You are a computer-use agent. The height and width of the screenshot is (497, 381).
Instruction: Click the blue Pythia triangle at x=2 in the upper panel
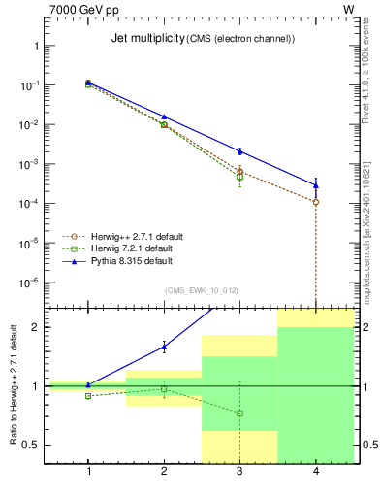(164, 116)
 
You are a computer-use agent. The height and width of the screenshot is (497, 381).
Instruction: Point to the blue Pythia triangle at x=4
(316, 184)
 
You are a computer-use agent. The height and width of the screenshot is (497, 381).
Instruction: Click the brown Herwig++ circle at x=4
(316, 202)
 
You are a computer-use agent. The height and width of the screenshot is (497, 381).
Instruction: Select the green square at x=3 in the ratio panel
(239, 414)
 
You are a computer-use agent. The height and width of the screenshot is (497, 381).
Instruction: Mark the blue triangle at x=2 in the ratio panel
(164, 347)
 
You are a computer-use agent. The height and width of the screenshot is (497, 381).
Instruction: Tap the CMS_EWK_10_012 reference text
(202, 289)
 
